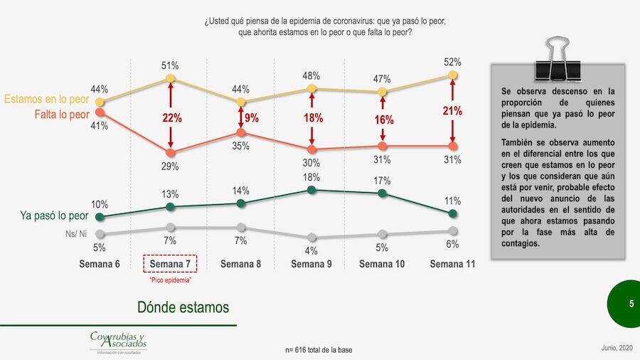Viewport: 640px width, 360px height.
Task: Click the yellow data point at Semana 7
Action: [x=170, y=78]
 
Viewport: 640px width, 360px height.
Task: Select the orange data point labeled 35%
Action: [x=241, y=132]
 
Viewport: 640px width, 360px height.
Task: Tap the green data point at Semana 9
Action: [x=311, y=189]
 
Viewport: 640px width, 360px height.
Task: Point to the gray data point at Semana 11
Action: [x=454, y=230]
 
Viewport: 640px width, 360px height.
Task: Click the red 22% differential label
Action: [x=170, y=118]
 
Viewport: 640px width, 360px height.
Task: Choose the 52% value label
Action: [x=454, y=62]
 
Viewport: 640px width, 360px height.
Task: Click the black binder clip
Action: [x=556, y=58]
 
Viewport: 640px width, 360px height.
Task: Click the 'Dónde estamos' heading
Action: [x=183, y=307]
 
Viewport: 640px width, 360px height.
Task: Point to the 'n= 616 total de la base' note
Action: [x=318, y=350]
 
